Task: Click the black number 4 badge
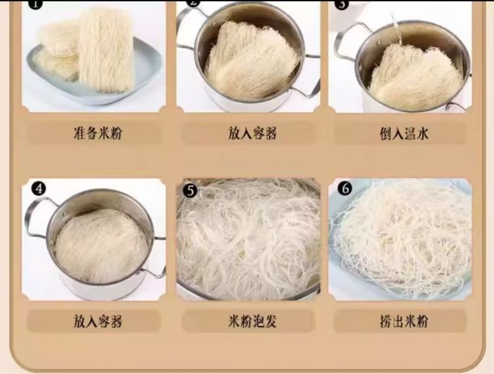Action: (x=39, y=189)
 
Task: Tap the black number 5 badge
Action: (x=190, y=191)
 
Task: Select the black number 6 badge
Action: (x=344, y=189)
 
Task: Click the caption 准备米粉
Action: (x=97, y=133)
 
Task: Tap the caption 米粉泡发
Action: (x=252, y=321)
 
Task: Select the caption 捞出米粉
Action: (x=404, y=321)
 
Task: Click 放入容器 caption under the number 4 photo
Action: (x=97, y=321)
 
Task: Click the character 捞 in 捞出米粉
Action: (x=385, y=321)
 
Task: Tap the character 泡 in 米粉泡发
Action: (x=259, y=321)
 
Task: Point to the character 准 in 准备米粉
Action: (x=80, y=133)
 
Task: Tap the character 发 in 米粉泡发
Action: (x=271, y=321)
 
